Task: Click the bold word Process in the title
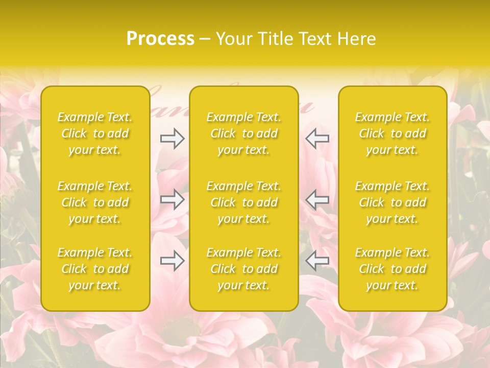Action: pos(160,39)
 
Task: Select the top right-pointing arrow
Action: pos(172,139)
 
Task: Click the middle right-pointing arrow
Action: pos(172,199)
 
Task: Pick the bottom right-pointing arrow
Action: pos(172,261)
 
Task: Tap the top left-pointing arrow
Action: pos(317,139)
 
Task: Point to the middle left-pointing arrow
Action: pos(317,199)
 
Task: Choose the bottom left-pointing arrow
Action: pos(317,261)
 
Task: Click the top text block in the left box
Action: pos(95,133)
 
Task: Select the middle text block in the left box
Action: pos(95,202)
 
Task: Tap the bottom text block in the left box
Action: pos(95,269)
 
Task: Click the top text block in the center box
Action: pos(244,133)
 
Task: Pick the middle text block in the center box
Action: pos(244,202)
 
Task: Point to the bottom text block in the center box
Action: pos(244,269)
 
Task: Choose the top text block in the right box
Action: pos(393,133)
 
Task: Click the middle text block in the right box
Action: pos(393,202)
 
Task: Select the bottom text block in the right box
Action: pos(393,269)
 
